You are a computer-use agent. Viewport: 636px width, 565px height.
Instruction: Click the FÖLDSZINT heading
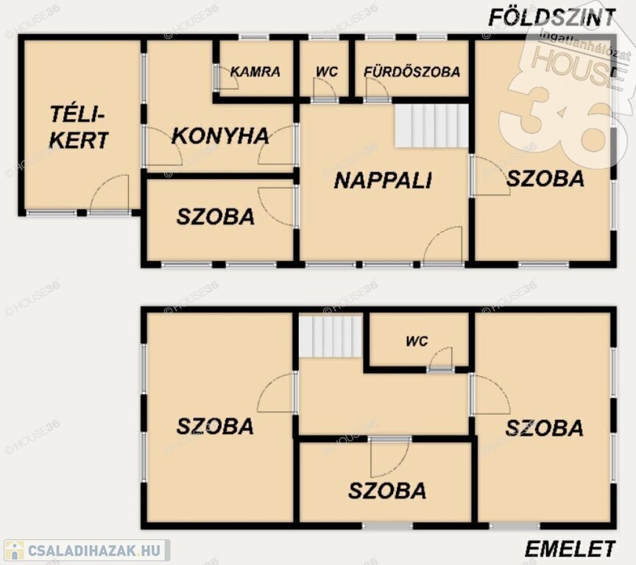[x=551, y=18]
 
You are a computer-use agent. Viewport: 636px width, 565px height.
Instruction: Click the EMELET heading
[x=570, y=550]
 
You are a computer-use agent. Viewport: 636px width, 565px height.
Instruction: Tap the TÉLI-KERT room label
[x=79, y=127]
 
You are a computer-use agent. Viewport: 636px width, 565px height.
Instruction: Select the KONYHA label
[x=220, y=136]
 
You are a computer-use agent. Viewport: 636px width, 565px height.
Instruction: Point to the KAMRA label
[x=255, y=72]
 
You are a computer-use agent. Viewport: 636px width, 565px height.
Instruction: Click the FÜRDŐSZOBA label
[x=412, y=72]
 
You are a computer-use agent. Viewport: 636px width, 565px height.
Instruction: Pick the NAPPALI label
[x=383, y=180]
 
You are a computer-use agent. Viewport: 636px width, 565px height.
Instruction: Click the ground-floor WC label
[x=327, y=72]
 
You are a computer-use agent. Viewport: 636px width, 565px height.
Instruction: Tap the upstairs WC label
[x=417, y=341]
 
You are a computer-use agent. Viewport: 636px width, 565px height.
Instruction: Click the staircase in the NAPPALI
[x=431, y=126]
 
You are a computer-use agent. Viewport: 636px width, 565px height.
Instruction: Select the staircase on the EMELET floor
[x=331, y=337]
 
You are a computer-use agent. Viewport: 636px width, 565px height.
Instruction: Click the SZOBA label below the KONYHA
[x=216, y=217]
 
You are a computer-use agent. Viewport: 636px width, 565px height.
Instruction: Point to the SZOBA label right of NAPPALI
[x=545, y=179]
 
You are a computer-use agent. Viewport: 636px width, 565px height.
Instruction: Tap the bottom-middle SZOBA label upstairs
[x=387, y=491]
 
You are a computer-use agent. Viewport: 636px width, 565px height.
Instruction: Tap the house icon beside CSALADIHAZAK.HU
[x=15, y=551]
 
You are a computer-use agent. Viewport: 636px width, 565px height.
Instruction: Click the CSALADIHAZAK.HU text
[x=94, y=551]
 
